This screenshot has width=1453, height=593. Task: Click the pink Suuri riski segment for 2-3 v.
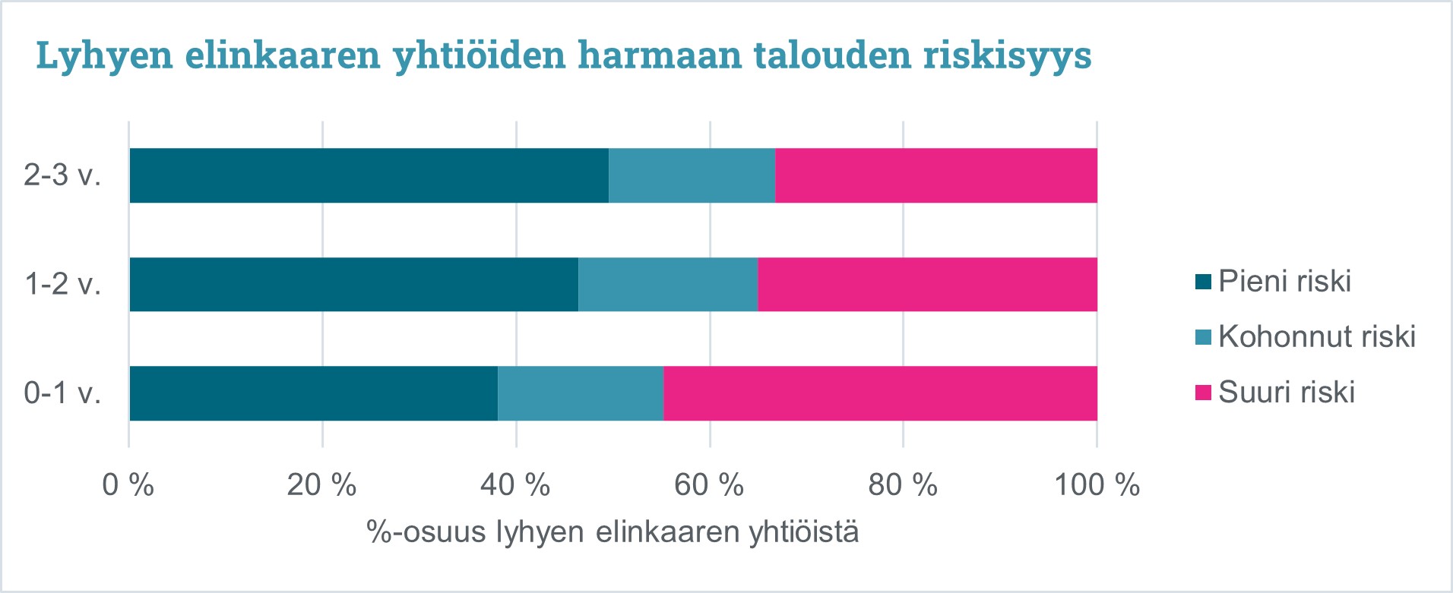935,175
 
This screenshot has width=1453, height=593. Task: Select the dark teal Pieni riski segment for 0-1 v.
313,393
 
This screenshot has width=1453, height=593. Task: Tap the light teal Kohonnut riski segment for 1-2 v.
667,284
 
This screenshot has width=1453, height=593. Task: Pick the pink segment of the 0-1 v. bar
880,393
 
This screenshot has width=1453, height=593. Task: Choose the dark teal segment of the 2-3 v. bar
369,175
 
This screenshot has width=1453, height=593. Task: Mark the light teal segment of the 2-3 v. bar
692,175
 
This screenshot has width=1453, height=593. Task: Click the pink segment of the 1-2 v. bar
927,284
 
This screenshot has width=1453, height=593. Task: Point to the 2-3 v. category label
62,175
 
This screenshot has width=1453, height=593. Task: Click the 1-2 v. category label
62,285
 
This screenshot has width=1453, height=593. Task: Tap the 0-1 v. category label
62,393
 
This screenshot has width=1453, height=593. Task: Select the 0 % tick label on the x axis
128,484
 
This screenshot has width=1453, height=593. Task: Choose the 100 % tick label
1096,484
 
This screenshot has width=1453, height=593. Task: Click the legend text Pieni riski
1284,282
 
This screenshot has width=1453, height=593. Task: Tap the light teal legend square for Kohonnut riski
1203,337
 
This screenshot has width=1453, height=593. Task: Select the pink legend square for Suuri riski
1203,393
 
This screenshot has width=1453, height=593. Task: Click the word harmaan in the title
659,55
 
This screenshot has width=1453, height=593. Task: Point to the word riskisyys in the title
1007,55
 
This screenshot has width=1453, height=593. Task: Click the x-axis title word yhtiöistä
803,532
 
